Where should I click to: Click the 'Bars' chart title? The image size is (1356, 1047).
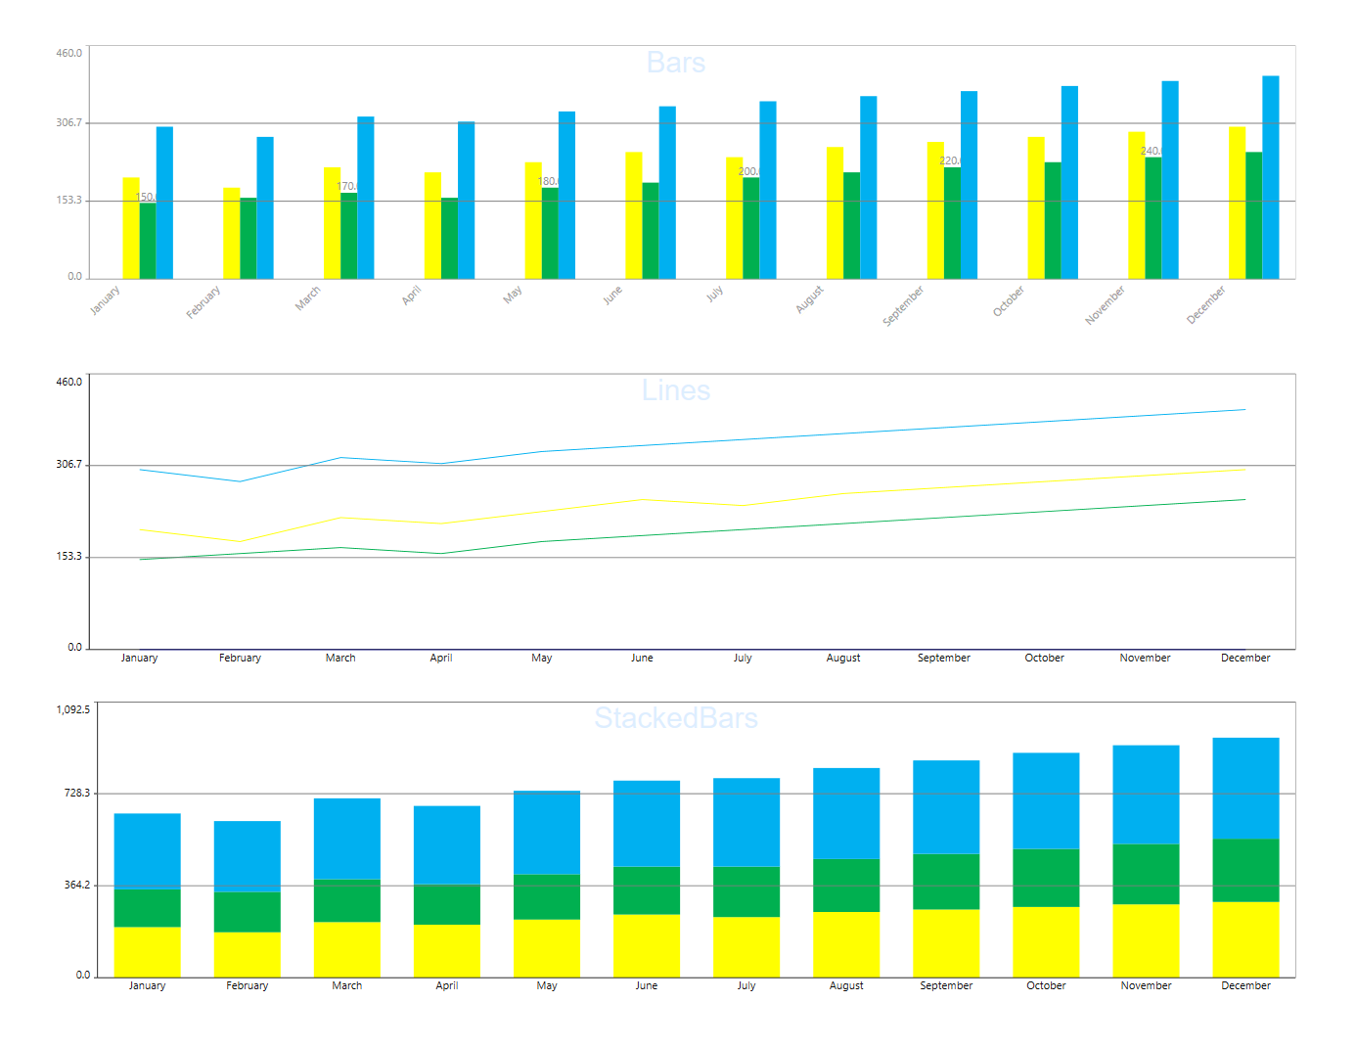click(x=676, y=63)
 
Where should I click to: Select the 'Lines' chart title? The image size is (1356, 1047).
click(x=676, y=390)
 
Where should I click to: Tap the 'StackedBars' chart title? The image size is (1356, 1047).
click(x=676, y=718)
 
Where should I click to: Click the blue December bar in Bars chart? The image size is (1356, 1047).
click(x=1271, y=177)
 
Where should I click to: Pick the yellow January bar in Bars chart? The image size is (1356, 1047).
click(x=131, y=228)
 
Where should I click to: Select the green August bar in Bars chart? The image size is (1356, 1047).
click(x=852, y=226)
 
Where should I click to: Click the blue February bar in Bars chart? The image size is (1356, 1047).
click(x=265, y=207)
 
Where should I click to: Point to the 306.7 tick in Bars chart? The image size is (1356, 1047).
click(x=69, y=123)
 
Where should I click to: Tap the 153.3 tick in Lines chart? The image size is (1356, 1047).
click(x=69, y=557)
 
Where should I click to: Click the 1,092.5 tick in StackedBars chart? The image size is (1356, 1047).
click(x=73, y=709)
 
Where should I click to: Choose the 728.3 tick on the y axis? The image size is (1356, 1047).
click(x=77, y=793)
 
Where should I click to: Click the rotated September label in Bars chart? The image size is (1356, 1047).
click(x=903, y=306)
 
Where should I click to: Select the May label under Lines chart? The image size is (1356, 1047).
click(x=542, y=659)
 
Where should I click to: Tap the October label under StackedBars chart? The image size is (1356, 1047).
click(x=1046, y=986)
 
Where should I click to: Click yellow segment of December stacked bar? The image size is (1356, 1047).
click(x=1245, y=939)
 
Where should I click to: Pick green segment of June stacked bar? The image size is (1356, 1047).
click(x=647, y=890)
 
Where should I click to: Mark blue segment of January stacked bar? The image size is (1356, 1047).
click(x=148, y=851)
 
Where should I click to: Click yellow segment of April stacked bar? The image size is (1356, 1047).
click(x=447, y=950)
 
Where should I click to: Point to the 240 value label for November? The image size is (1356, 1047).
click(x=1151, y=151)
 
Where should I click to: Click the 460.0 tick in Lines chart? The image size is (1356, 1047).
click(x=69, y=382)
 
